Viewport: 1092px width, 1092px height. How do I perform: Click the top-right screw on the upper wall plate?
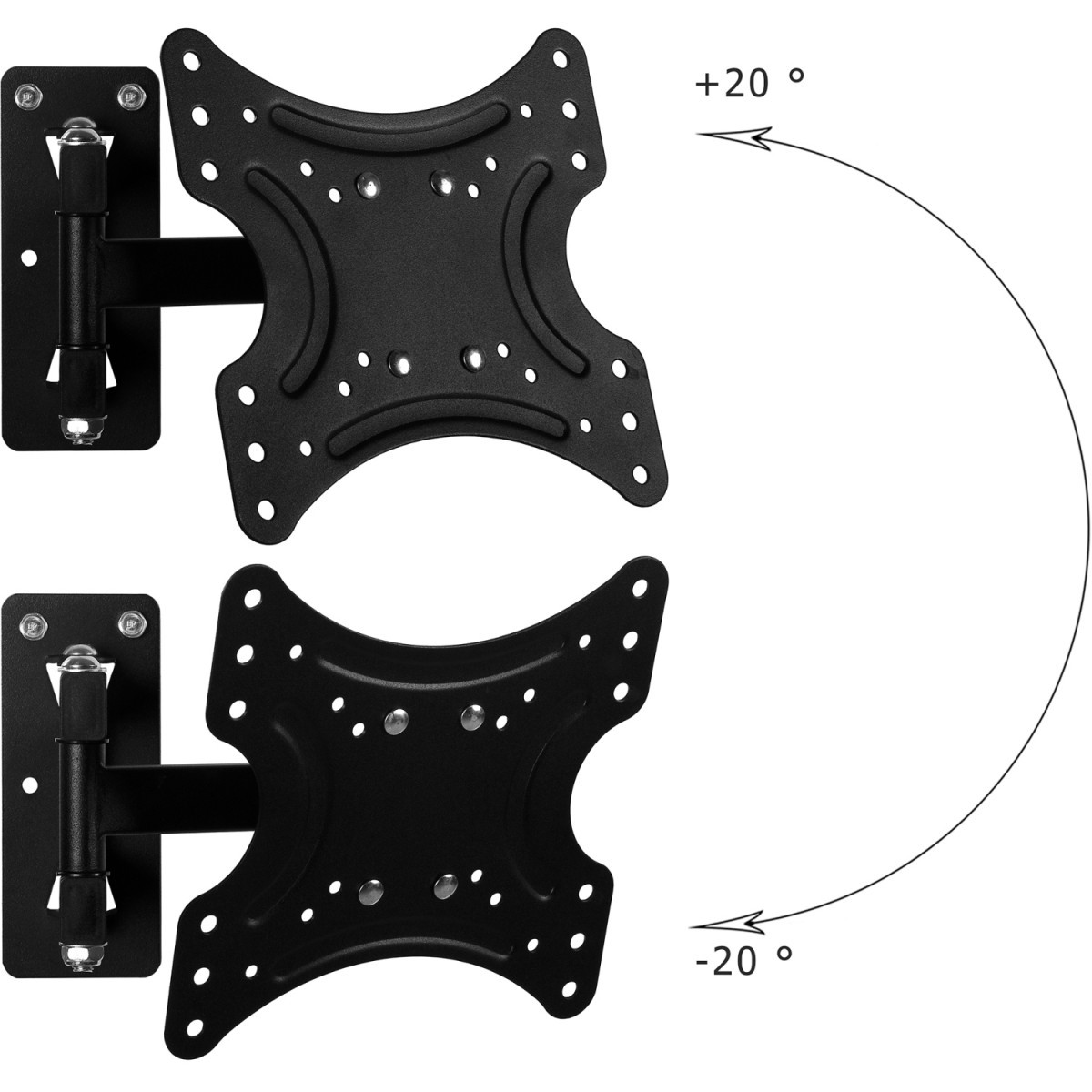(128, 95)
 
